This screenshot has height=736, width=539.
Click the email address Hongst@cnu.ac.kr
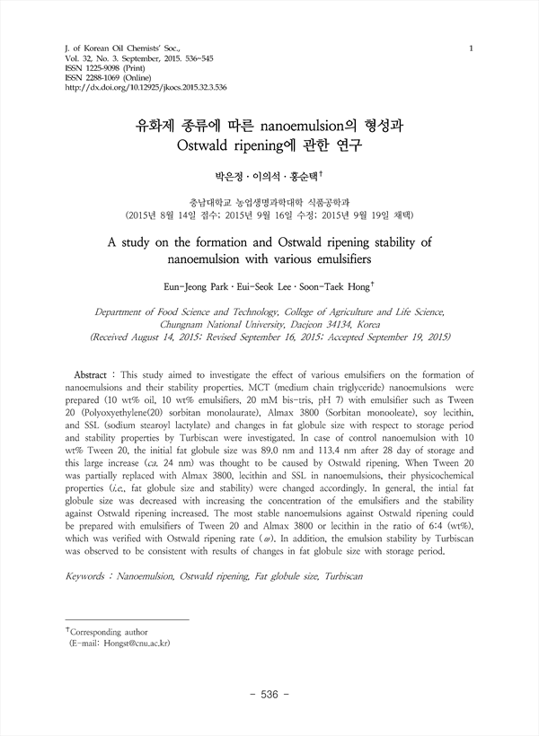coord(128,644)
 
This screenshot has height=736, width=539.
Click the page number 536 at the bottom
coord(269,694)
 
